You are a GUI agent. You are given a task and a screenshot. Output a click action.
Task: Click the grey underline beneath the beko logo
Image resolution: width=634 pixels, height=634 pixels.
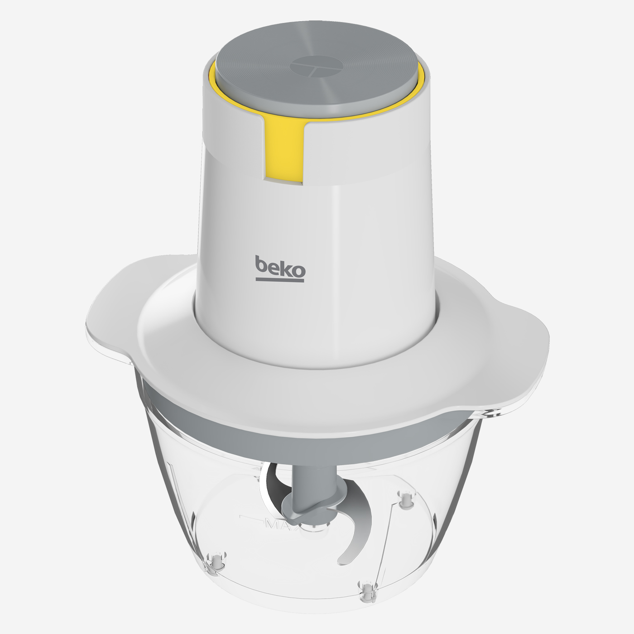(280, 280)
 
